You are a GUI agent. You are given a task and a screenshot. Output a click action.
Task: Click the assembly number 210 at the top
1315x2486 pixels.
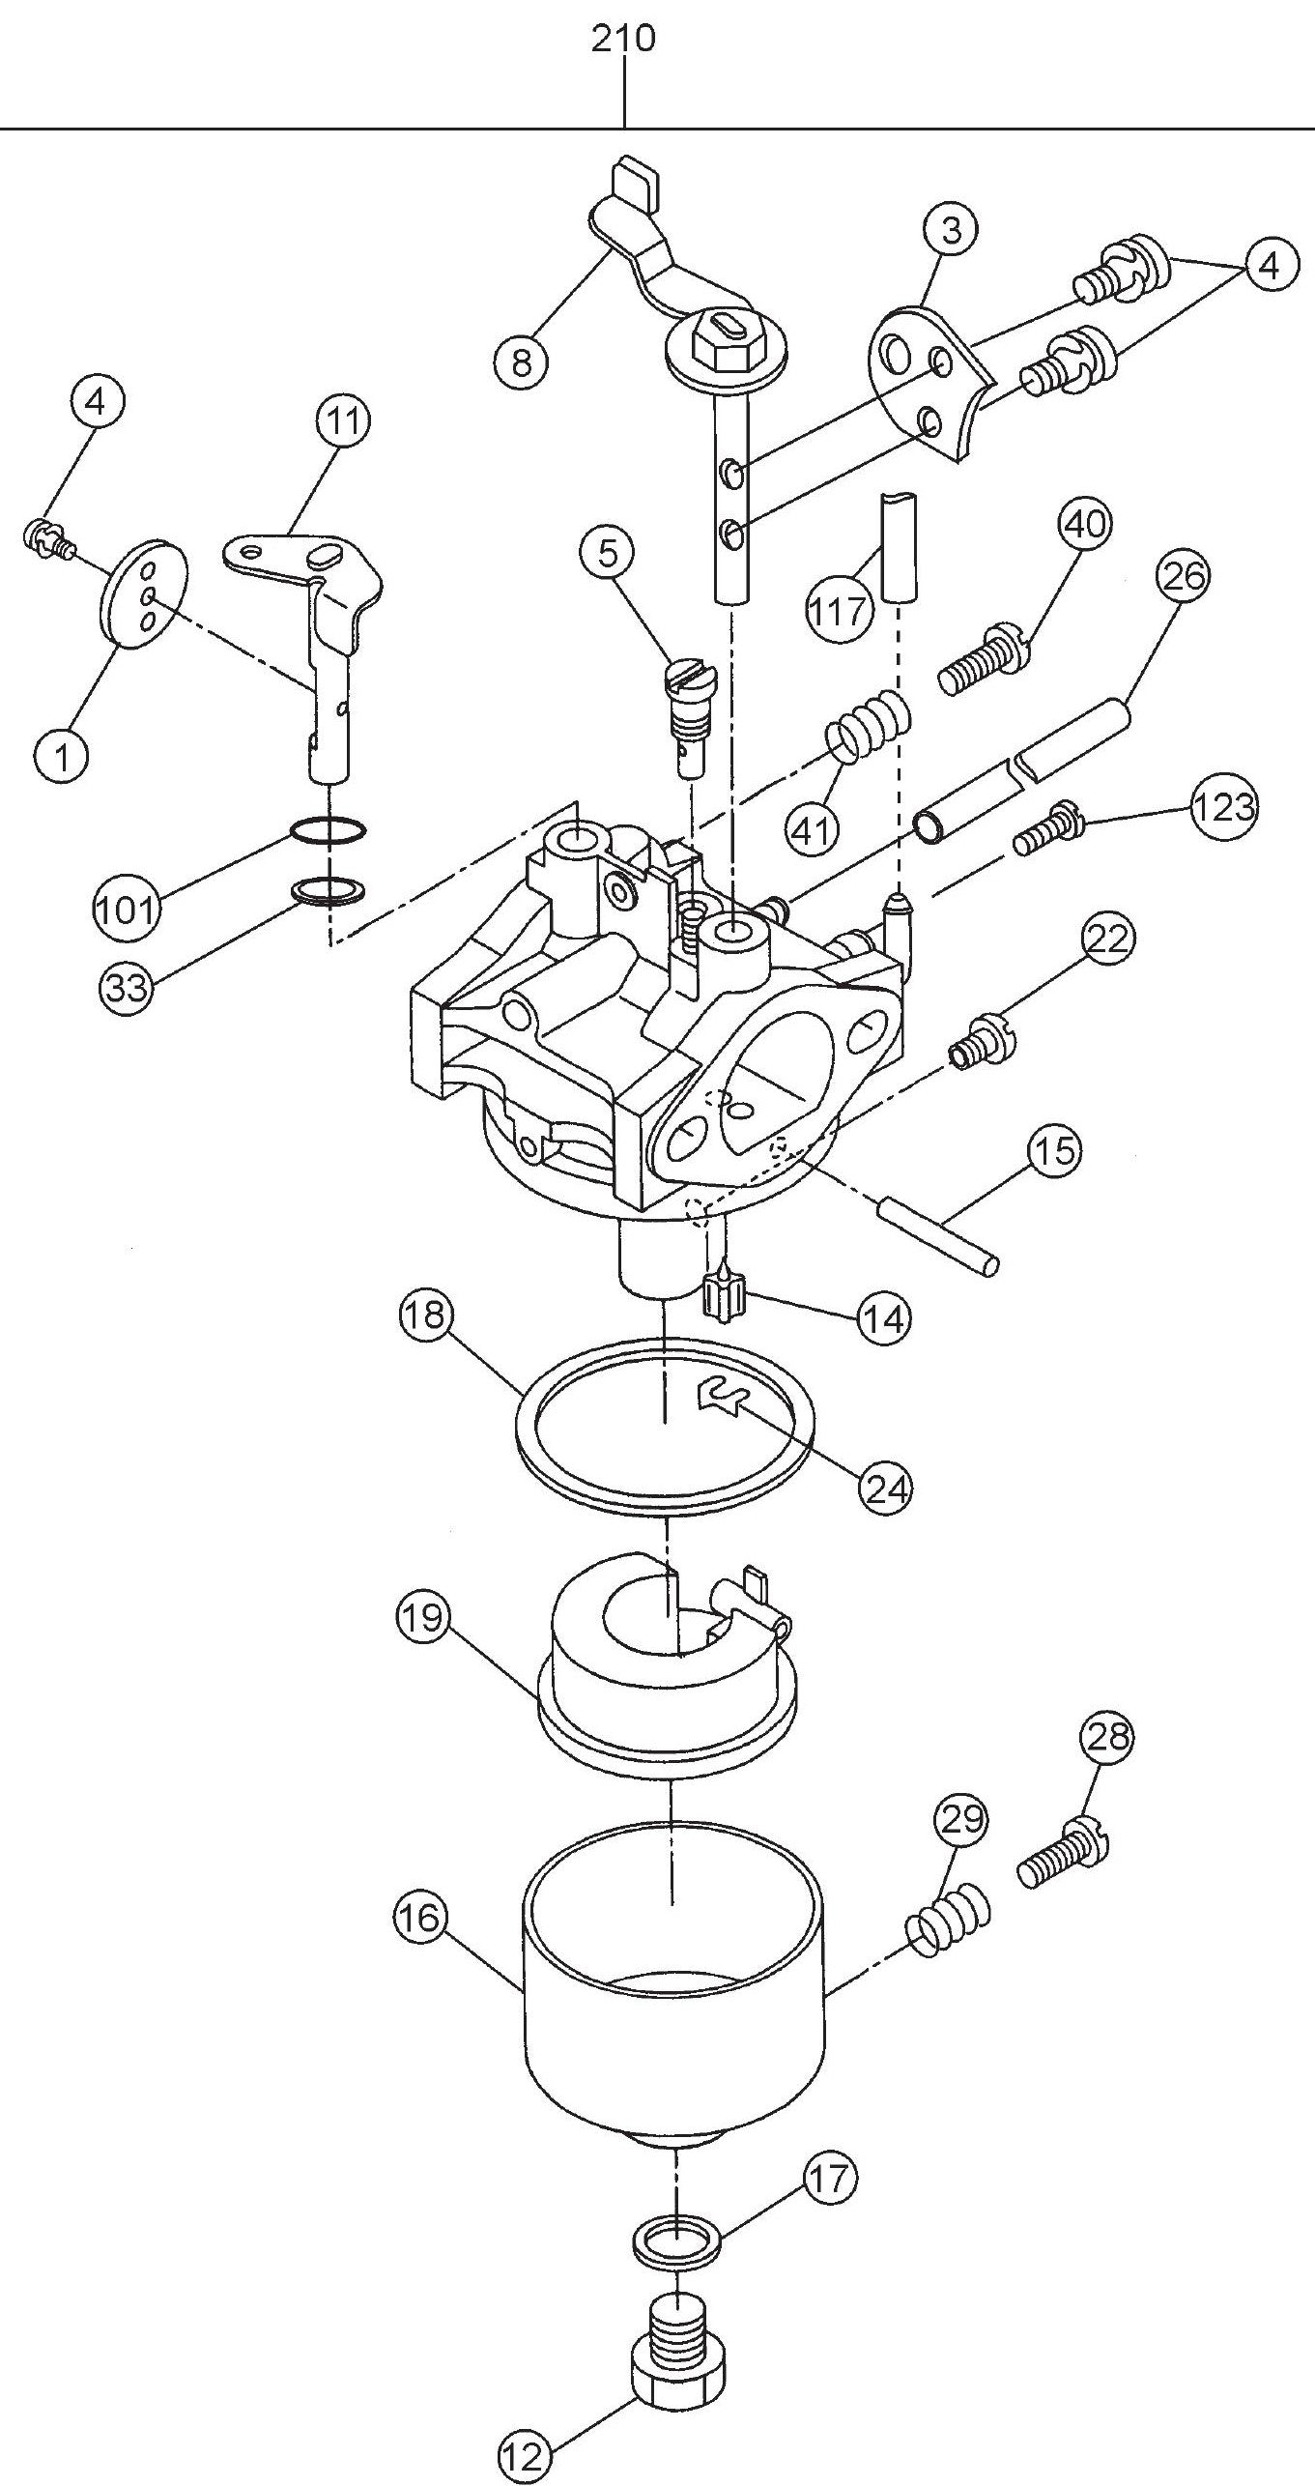(x=623, y=39)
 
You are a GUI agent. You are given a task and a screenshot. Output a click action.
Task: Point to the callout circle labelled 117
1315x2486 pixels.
(x=837, y=610)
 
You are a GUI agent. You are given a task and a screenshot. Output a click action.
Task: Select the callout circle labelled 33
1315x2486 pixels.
(x=128, y=989)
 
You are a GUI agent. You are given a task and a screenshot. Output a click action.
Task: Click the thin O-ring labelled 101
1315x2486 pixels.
(x=329, y=829)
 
